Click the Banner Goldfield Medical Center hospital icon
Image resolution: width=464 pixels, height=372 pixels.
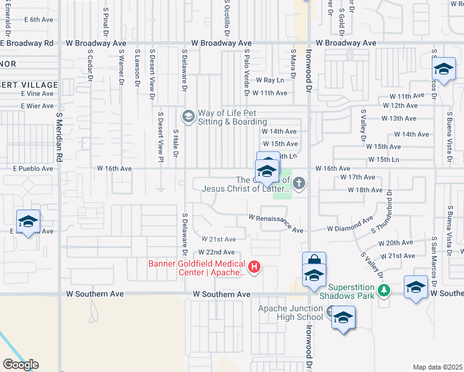tap(254, 267)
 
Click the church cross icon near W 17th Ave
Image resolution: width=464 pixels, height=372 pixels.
tap(299, 182)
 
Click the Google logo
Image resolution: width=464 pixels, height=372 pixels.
tap(20, 365)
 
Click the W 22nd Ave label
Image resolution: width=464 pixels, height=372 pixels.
tap(216, 252)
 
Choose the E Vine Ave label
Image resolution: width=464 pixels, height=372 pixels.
tap(37, 93)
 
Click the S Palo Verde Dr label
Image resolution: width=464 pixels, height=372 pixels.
tap(247, 73)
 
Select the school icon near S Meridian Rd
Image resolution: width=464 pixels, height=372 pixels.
tap(29, 221)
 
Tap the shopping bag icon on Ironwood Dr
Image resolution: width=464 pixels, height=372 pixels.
tap(314, 262)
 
